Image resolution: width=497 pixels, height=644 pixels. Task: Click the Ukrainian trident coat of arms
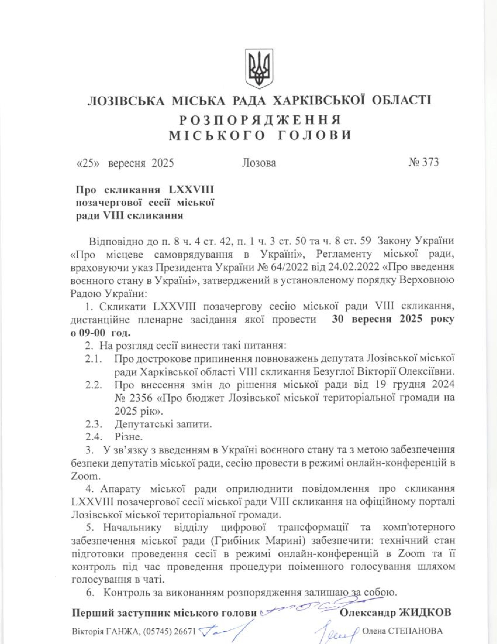(x=259, y=69)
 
